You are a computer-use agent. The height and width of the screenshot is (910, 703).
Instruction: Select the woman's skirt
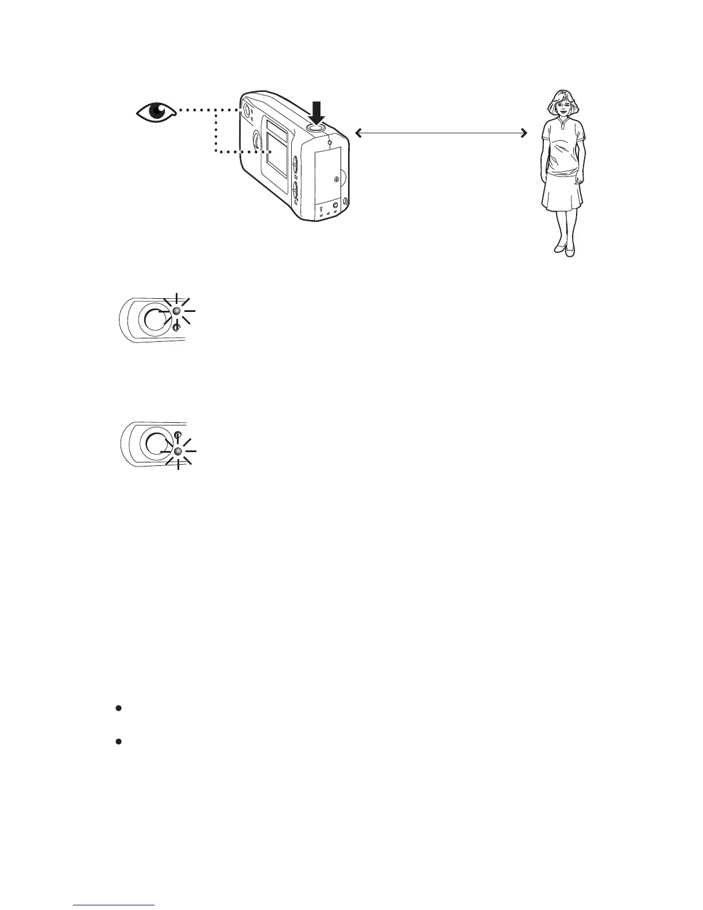pyautogui.click(x=562, y=191)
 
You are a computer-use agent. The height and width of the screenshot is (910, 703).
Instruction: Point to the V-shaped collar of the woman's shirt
pyautogui.click(x=562, y=125)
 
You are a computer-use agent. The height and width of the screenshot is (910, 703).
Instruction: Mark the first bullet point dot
pyautogui.click(x=118, y=709)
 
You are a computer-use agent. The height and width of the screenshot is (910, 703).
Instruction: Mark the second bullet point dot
pyautogui.click(x=118, y=742)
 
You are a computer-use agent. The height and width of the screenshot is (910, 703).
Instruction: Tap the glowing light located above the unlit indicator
pyautogui.click(x=177, y=310)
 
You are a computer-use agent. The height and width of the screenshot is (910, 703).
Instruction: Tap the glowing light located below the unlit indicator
pyautogui.click(x=177, y=452)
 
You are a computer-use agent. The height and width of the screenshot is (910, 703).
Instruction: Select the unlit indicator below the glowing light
pyautogui.click(x=176, y=326)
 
